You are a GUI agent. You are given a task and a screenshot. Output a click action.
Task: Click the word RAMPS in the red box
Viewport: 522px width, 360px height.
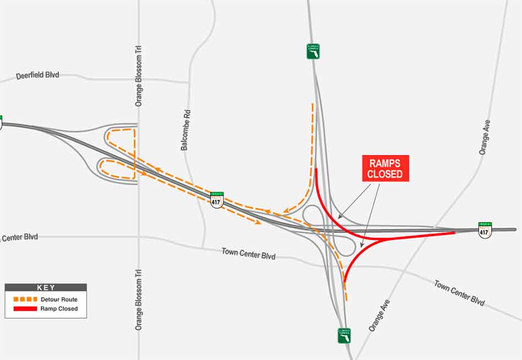click(x=385, y=163)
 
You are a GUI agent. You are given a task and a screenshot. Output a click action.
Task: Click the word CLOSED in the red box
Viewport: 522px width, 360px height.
click(x=385, y=174)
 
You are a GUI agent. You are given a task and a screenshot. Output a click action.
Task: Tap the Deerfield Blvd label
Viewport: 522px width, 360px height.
click(x=37, y=75)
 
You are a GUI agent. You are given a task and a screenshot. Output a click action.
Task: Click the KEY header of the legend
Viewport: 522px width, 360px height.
click(x=46, y=287)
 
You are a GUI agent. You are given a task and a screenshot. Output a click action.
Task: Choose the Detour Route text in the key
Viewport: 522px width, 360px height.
click(x=59, y=299)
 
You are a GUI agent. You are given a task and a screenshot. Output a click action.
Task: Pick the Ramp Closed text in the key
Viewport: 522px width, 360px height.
click(x=59, y=309)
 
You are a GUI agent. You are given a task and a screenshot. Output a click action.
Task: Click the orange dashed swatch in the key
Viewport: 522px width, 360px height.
click(x=24, y=299)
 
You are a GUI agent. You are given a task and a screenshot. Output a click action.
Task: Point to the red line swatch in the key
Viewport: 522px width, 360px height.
click(x=24, y=309)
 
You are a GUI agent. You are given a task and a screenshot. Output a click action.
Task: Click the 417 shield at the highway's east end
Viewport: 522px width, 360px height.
click(x=485, y=230)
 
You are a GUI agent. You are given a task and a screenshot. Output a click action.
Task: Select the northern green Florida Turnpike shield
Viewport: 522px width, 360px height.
click(x=313, y=51)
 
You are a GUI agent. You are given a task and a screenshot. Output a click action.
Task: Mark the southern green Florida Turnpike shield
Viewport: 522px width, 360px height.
click(x=344, y=336)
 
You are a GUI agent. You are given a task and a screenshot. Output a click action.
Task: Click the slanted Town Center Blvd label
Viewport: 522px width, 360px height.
click(x=459, y=293)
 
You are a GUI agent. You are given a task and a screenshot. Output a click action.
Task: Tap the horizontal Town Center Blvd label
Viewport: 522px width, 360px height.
click(x=248, y=254)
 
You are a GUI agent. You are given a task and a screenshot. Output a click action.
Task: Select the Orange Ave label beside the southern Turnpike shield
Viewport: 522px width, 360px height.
click(x=379, y=315)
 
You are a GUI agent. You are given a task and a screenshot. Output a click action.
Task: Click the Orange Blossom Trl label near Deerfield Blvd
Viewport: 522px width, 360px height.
click(x=138, y=76)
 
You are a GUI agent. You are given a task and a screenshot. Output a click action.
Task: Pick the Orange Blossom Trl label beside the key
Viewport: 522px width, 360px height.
click(x=138, y=299)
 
